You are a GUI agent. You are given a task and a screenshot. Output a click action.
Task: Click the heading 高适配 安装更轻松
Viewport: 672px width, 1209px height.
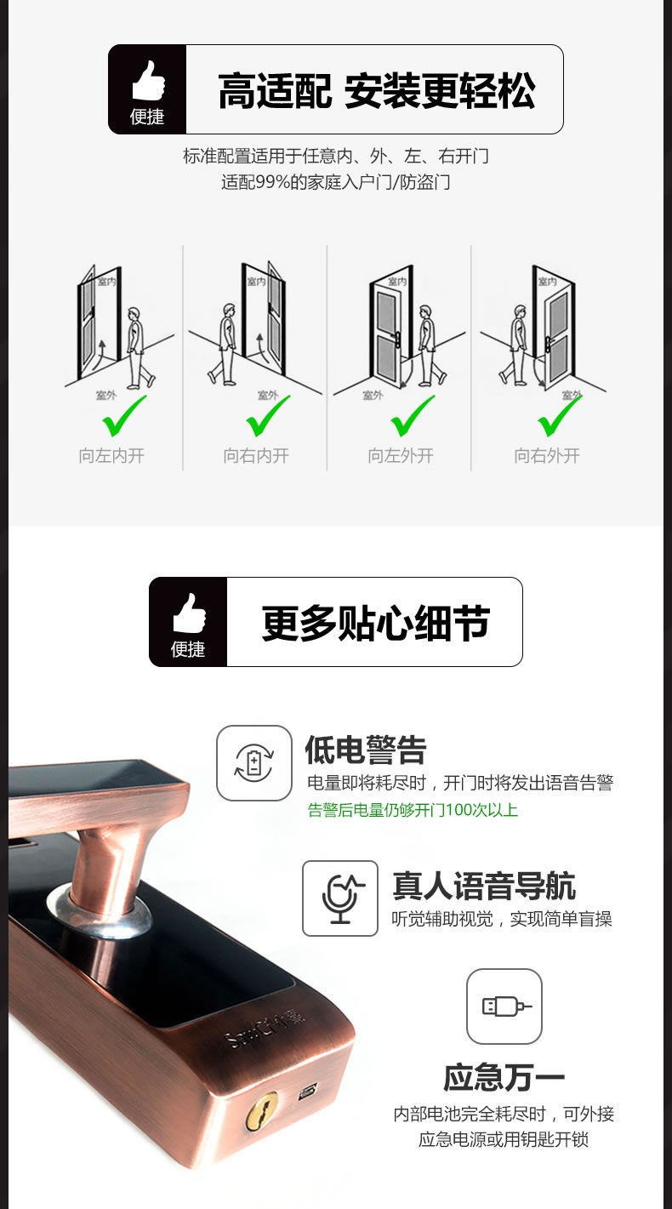[x=376, y=90]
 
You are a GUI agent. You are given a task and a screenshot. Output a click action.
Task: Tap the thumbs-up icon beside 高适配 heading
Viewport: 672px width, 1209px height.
[x=147, y=80]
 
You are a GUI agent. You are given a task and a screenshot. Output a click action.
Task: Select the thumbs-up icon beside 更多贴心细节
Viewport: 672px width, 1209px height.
[x=188, y=613]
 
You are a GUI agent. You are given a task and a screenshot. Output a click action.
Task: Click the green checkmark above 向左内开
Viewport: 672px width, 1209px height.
[x=124, y=416]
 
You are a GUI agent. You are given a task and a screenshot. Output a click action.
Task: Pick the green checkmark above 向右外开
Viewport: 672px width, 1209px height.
[x=559, y=416]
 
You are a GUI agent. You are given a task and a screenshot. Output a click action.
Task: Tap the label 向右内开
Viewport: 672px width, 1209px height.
[x=256, y=456]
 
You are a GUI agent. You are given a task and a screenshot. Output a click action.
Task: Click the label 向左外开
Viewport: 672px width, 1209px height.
[x=401, y=456]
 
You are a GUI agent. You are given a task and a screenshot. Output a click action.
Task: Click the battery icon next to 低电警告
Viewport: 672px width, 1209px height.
[x=253, y=762]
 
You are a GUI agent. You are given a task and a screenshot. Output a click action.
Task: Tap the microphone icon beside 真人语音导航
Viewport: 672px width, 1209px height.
[x=340, y=898]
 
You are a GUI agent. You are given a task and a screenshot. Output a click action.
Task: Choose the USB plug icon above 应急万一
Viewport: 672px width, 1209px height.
[x=504, y=1007]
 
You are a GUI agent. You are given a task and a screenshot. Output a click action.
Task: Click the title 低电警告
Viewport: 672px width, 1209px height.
[x=366, y=750]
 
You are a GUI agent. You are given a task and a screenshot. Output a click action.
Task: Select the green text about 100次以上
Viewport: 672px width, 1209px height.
[x=413, y=810]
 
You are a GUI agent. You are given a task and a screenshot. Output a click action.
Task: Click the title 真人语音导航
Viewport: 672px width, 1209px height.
[x=483, y=886]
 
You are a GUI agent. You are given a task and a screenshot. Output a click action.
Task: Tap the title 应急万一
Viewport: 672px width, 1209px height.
[x=504, y=1078]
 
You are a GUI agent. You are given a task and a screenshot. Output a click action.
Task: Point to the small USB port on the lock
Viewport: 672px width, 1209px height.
[x=307, y=1090]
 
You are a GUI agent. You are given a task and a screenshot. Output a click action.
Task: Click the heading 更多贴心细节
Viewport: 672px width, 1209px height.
[x=375, y=623]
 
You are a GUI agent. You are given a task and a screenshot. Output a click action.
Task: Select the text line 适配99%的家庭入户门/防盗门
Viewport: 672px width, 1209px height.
[x=336, y=182]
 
